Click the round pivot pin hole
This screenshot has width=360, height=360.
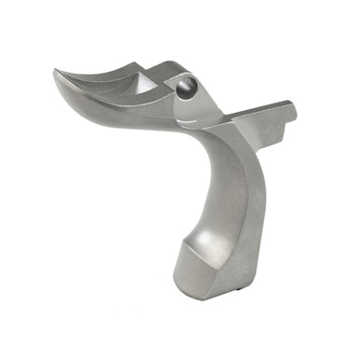click(x=185, y=89)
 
